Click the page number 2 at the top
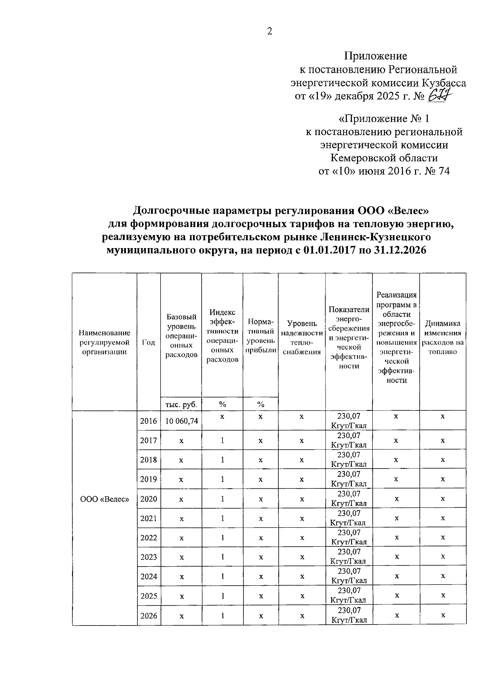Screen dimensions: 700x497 pos(270,32)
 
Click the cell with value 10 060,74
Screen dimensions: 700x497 pos(181,421)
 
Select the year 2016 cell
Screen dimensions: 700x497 pos(149,421)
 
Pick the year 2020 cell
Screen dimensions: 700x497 pos(149,499)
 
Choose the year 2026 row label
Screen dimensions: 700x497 pos(149,616)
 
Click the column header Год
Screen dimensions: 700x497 pos(149,342)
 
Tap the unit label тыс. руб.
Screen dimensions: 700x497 pos(181,404)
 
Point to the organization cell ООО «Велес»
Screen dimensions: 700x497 pos(105,499)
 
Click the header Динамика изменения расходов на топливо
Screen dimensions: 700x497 pos(443,338)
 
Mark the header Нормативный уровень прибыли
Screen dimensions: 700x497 pos(261,336)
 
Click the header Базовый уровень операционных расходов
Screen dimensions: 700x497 pos(181,336)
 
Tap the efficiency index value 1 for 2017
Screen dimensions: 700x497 pos(222,441)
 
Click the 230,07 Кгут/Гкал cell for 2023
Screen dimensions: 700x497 pos(349,557)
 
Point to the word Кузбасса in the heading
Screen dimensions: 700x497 pos(444,83)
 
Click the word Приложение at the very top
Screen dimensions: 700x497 pos(376,56)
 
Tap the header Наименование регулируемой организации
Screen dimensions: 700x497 pos(105,342)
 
